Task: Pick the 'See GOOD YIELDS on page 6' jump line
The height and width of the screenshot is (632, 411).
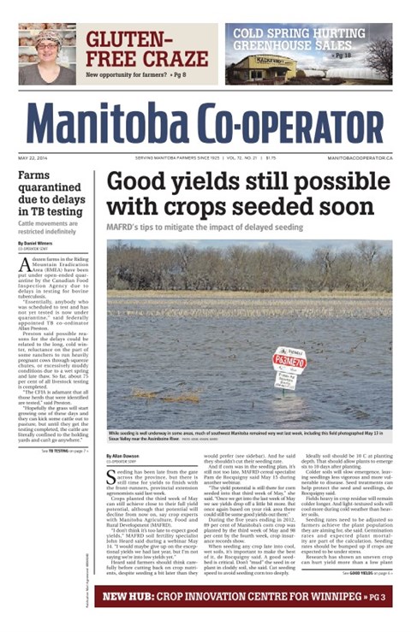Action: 354,572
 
